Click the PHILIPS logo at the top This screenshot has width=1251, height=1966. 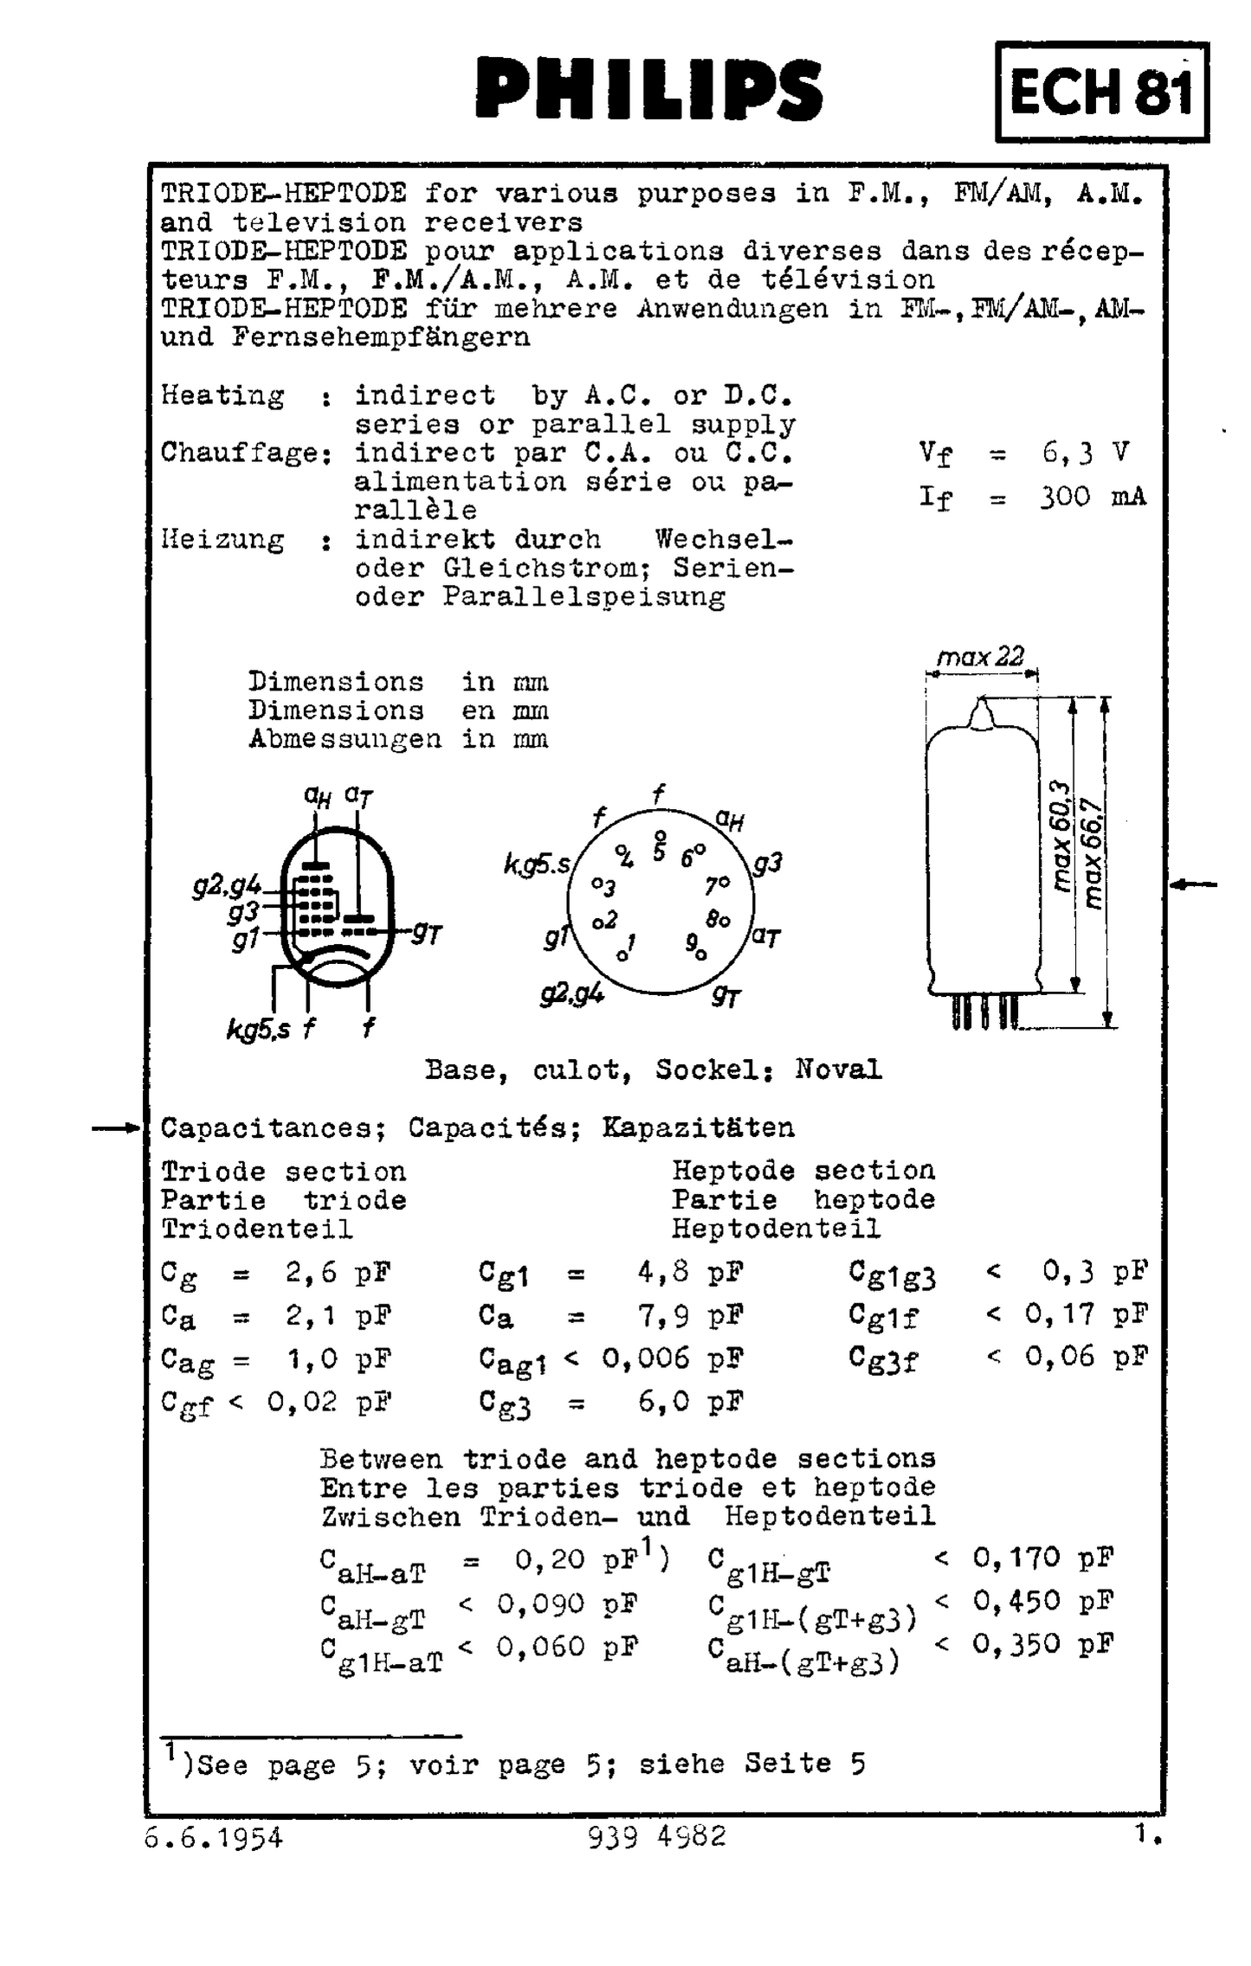tap(648, 88)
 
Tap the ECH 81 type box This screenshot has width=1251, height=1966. tap(1101, 92)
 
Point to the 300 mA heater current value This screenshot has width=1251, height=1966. tap(1092, 497)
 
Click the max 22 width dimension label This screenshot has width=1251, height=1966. tap(980, 657)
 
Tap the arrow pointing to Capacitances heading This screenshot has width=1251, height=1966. tap(116, 1128)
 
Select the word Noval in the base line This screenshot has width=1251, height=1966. tap(838, 1070)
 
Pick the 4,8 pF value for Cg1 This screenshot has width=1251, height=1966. tap(689, 1273)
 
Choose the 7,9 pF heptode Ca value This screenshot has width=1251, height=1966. tap(689, 1316)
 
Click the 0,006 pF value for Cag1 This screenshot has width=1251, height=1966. tap(672, 1359)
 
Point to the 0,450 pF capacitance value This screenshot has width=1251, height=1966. tap(1042, 1601)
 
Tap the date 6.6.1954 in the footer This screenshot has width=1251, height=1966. tap(213, 1837)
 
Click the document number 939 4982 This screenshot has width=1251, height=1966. tap(656, 1836)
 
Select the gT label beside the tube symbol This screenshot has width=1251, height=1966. tap(427, 932)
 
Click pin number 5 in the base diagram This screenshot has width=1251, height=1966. tap(660, 852)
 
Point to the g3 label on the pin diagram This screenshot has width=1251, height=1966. tap(767, 863)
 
